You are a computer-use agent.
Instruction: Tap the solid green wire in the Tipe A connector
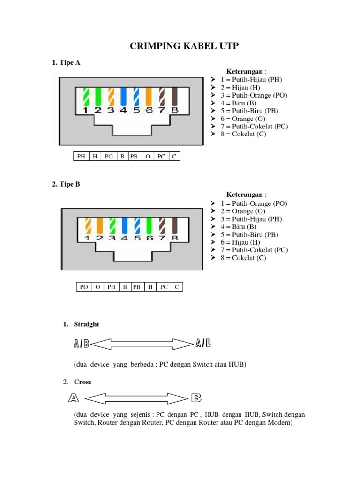pyautogui.click(x=98, y=97)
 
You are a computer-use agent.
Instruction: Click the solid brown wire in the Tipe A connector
pyautogui.click(x=175, y=97)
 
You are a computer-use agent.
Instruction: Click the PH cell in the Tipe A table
pyautogui.click(x=81, y=157)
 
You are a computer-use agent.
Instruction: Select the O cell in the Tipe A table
pyautogui.click(x=148, y=157)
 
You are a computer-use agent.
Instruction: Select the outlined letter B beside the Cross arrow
pyautogui.click(x=196, y=398)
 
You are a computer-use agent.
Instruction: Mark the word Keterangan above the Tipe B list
pyautogui.click(x=245, y=195)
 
